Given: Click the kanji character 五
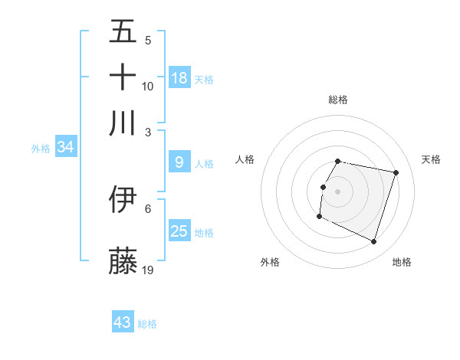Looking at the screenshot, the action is tap(123, 31).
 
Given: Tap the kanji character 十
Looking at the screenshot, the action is tap(123, 77).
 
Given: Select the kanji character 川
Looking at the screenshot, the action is tap(123, 123).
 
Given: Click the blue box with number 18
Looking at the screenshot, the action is tap(179, 78).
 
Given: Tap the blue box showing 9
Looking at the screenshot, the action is tap(179, 162).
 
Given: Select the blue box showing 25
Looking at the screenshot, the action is tap(179, 231).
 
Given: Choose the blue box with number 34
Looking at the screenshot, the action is tap(65, 147).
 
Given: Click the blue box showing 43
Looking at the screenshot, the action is tap(123, 322).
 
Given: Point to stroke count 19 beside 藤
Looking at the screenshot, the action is tap(149, 270).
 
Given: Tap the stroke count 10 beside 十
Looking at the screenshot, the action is tap(148, 86).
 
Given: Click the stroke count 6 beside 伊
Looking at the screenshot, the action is tap(148, 208).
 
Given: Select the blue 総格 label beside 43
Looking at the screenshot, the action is tap(147, 324).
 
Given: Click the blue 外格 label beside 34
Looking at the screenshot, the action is tap(41, 149).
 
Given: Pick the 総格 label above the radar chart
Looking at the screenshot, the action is tap(338, 100).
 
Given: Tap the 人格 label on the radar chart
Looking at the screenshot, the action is tap(245, 159).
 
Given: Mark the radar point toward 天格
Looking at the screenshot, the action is tap(396, 173).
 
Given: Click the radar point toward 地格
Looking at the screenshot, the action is tap(374, 242).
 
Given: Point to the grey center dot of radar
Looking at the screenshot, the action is tap(338, 191).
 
